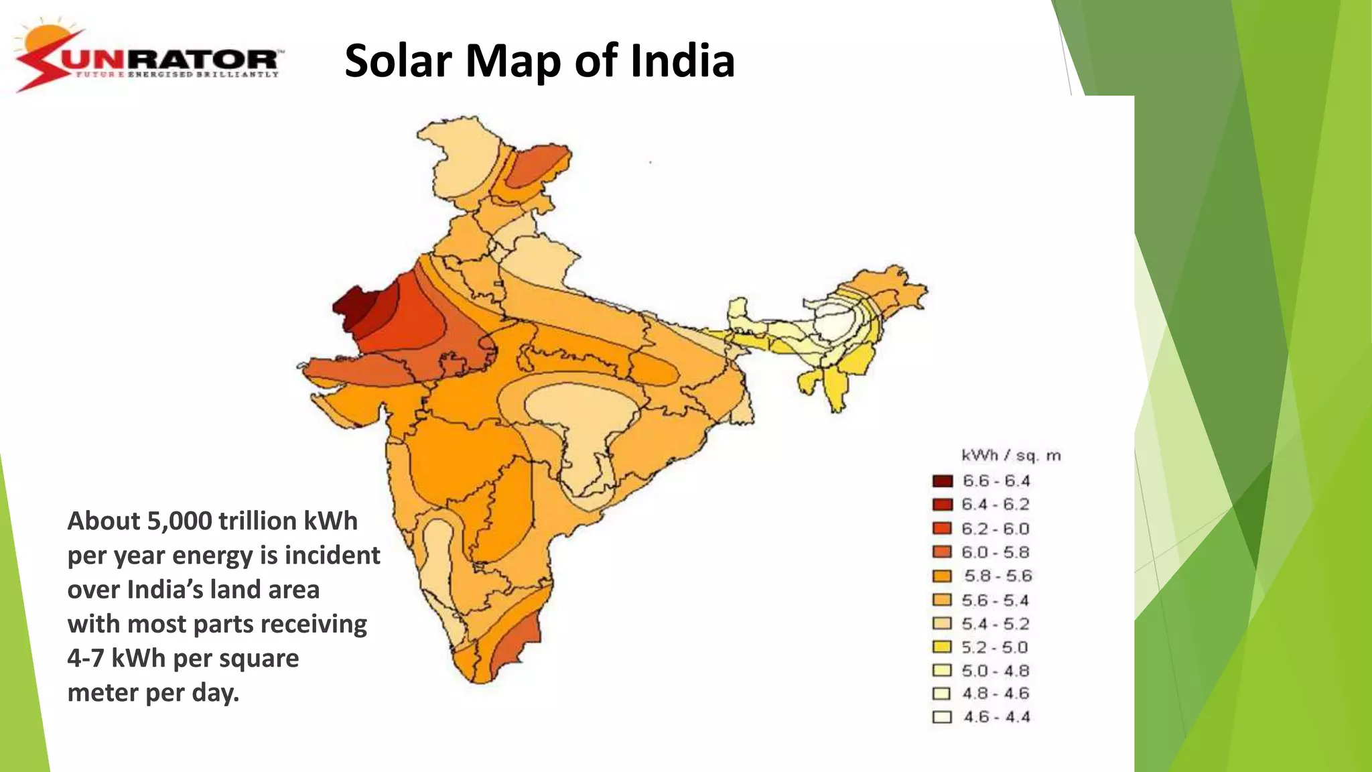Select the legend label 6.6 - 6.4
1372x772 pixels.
pyautogui.click(x=996, y=481)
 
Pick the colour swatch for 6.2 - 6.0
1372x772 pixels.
pyautogui.click(x=942, y=528)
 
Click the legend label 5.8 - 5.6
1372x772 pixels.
pyautogui.click(x=998, y=576)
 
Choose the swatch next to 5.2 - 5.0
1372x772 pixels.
pyautogui.click(x=942, y=647)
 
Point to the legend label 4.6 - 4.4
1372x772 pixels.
pyautogui.click(x=996, y=717)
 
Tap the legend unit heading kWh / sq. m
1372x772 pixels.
pyautogui.click(x=1011, y=456)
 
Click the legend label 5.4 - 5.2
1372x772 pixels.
pyautogui.click(x=996, y=624)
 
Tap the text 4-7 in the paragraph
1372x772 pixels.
pyautogui.click(x=85, y=659)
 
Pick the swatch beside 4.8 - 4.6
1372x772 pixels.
pyautogui.click(x=942, y=694)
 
